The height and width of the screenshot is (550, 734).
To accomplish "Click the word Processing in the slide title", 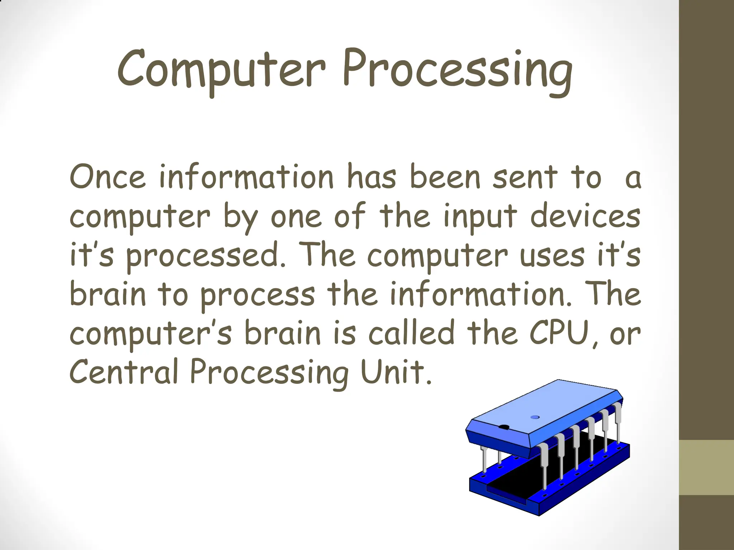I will (457, 72).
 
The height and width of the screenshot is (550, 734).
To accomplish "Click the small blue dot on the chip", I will (535, 417).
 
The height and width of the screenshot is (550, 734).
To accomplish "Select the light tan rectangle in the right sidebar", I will (706, 467).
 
